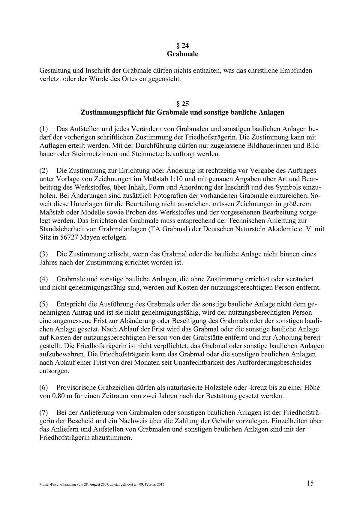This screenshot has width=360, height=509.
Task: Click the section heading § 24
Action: tap(182, 46)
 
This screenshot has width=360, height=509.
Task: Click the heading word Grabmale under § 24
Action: tap(182, 54)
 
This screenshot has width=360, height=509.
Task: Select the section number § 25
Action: tap(182, 104)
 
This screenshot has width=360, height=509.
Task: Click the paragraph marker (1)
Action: tap(44, 129)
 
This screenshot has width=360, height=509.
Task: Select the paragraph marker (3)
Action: tap(44, 254)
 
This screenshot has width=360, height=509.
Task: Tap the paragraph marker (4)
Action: tap(44, 279)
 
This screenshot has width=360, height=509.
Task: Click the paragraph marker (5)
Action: tap(44, 304)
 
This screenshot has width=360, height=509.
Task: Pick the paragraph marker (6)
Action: tap(44, 387)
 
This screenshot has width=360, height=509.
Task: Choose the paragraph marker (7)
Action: tap(44, 412)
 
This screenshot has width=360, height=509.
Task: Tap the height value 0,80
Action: tap(59, 396)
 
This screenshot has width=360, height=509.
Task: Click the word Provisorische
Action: tap(75, 387)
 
